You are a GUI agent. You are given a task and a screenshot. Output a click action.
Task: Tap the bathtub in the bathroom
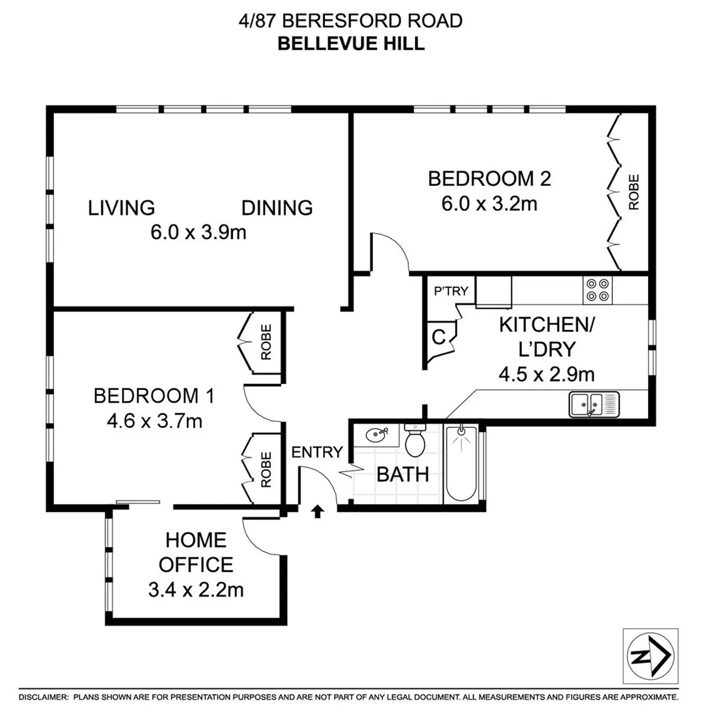click(x=461, y=463)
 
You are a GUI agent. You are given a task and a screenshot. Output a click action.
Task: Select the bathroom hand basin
click(x=376, y=436)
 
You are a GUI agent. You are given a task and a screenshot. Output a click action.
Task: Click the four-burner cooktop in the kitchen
click(x=597, y=289)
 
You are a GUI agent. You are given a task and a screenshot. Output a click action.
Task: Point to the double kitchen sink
click(x=594, y=405)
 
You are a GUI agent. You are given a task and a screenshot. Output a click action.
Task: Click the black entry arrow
click(x=318, y=511)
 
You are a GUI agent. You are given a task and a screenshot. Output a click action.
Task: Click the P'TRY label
click(x=451, y=291)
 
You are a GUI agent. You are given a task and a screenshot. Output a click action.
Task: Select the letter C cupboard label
click(x=438, y=337)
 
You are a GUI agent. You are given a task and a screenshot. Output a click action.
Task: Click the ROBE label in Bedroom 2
click(x=633, y=192)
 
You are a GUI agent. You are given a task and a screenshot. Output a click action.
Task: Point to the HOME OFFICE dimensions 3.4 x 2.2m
click(x=196, y=590)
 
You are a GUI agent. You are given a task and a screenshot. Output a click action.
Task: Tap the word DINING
click(x=277, y=208)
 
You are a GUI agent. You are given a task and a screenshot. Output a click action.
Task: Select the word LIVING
click(x=121, y=208)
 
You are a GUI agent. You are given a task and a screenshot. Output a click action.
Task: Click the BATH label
click(x=402, y=475)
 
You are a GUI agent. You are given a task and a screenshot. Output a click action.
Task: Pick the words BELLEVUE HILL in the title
click(x=350, y=43)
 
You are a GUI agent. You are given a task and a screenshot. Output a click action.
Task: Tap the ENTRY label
click(x=317, y=452)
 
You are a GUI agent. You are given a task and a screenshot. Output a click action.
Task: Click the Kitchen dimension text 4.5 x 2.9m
click(x=547, y=374)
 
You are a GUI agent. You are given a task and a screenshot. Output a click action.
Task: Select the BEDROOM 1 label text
click(x=153, y=396)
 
